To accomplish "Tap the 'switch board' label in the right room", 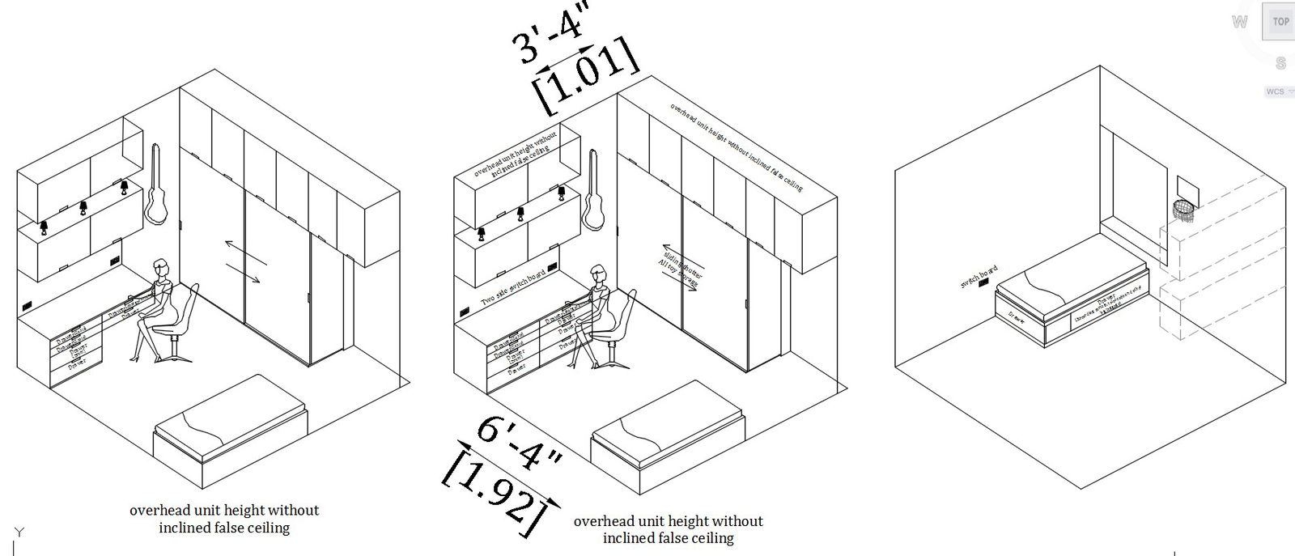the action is click(x=979, y=277).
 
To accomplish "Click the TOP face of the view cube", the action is click(x=1280, y=22).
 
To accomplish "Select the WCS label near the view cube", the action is click(x=1275, y=92).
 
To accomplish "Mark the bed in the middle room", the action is click(x=668, y=433).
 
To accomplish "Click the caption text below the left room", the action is click(x=224, y=519).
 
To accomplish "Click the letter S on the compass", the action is click(x=1280, y=63).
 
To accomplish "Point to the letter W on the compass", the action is click(x=1239, y=23).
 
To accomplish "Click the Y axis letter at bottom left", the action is click(x=19, y=532).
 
